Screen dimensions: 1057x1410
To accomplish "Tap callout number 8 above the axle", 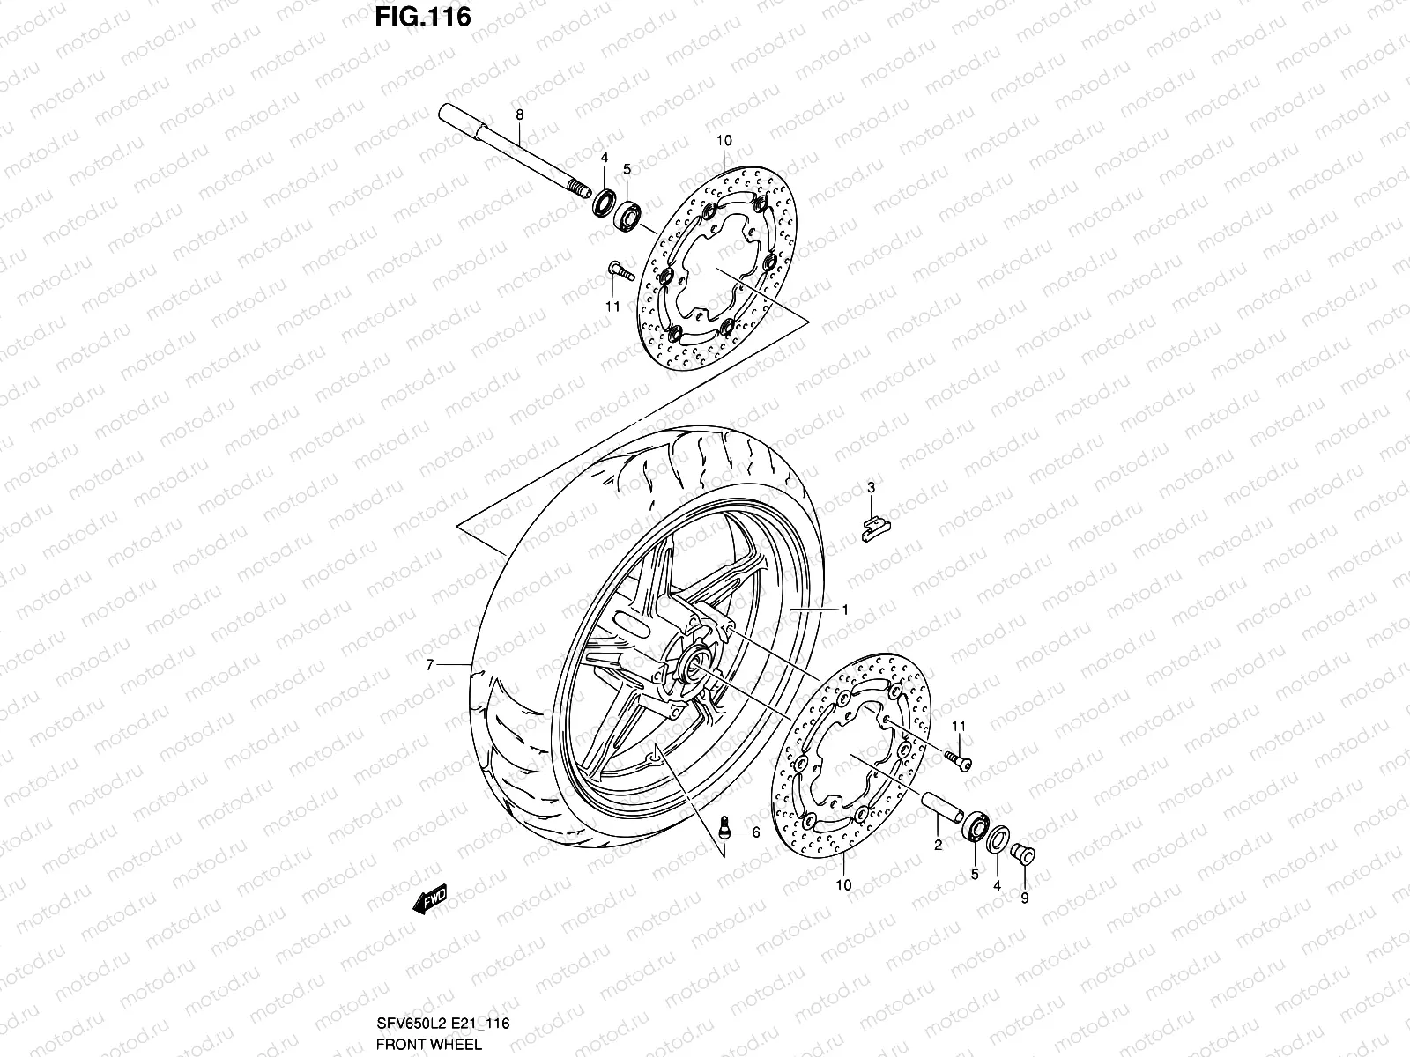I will click(520, 115).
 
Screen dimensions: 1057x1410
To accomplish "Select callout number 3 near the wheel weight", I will click(871, 487).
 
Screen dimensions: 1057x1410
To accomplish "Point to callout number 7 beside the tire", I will click(430, 666).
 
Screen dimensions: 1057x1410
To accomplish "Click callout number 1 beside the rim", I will click(844, 610).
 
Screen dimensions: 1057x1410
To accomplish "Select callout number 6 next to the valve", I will click(755, 832).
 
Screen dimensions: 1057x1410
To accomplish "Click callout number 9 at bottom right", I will click(1025, 898).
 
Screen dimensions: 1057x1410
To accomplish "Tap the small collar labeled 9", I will click(1024, 853).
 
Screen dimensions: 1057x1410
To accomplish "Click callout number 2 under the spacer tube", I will click(938, 845).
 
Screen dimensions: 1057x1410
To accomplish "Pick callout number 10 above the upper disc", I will click(724, 140).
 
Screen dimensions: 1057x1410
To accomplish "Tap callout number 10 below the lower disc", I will click(843, 885).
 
